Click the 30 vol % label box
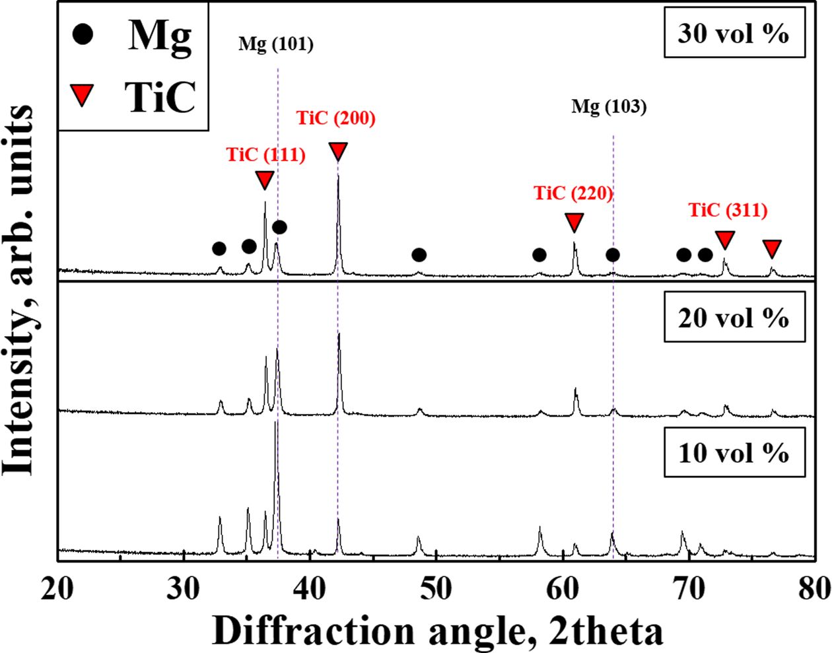pyautogui.click(x=733, y=32)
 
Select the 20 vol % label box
pyautogui.click(x=733, y=318)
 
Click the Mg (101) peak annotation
pyautogui.click(x=276, y=45)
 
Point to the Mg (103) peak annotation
pyautogui.click(x=609, y=107)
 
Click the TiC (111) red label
pyautogui.click(x=265, y=155)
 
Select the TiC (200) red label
pyautogui.click(x=336, y=119)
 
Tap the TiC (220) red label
pyautogui.click(x=573, y=193)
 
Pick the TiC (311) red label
pyautogui.click(x=728, y=211)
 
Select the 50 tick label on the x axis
pyautogui.click(x=436, y=588)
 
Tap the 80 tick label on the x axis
pyautogui.click(x=811, y=588)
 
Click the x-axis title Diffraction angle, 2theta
pyautogui.click(x=437, y=631)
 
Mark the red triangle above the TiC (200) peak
pyautogui.click(x=337, y=151)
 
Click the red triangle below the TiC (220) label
pyautogui.click(x=574, y=222)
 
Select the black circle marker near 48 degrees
pyautogui.click(x=419, y=255)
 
